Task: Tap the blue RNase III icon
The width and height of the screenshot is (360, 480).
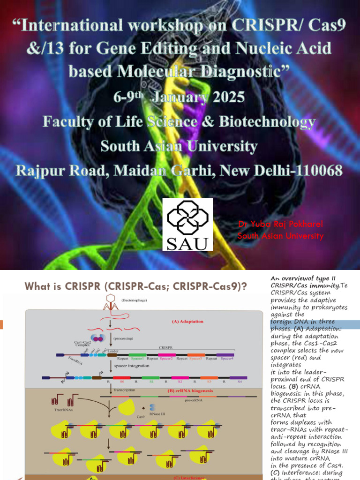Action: [x=153, y=407]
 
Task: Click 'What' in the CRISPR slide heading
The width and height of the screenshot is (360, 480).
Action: [x=37, y=286]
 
